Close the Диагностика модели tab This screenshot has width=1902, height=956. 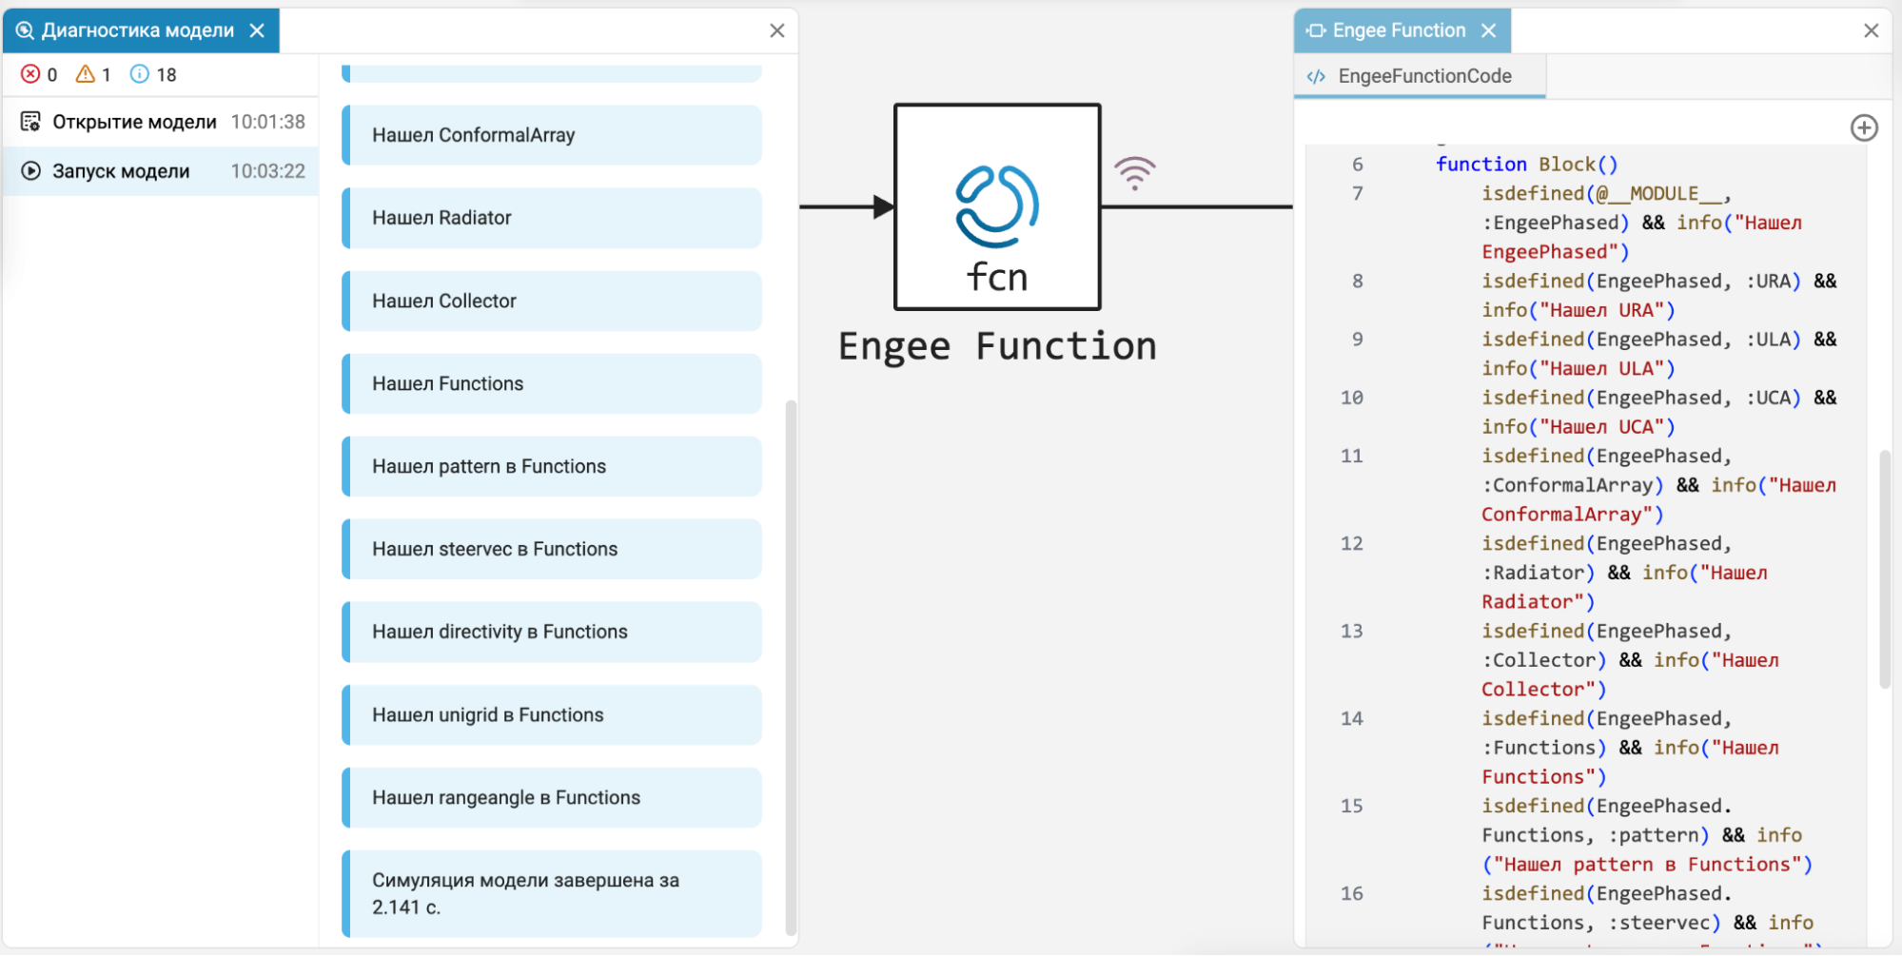[x=257, y=30]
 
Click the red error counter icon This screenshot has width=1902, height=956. [x=30, y=74]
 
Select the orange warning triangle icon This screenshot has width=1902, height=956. [x=86, y=74]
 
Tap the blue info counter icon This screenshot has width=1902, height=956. [x=140, y=74]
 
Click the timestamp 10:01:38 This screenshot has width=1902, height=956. [x=268, y=122]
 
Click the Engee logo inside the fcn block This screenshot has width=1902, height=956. [x=997, y=206]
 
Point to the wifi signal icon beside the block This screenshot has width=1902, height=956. [x=1135, y=173]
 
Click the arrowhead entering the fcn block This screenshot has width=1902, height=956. [x=884, y=206]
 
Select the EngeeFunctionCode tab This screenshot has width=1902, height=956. [x=1424, y=76]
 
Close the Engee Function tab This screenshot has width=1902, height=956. [x=1489, y=30]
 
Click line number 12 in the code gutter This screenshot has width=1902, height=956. [x=1352, y=543]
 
